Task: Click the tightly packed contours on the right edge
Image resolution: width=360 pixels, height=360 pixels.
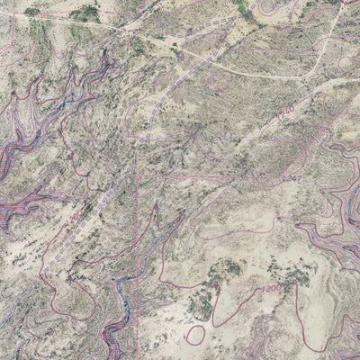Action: [346, 180]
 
